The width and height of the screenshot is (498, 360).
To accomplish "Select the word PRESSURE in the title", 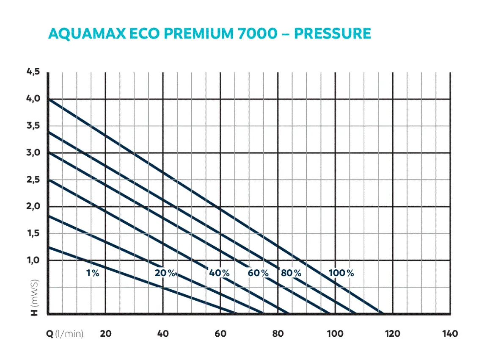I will [332, 34].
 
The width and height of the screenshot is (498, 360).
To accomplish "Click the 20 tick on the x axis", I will [105, 334].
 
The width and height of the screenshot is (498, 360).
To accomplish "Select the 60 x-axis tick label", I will [220, 334].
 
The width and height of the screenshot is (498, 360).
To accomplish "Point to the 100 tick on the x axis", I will [335, 334].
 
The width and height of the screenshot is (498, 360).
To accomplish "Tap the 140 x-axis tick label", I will [450, 334].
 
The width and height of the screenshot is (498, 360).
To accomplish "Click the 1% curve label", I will [92, 273].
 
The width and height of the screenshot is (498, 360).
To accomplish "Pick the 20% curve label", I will [165, 273].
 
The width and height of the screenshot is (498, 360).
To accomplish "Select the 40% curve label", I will [219, 273].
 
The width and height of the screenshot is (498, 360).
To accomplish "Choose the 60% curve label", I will [258, 273].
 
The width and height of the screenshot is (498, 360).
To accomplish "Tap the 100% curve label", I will [341, 273].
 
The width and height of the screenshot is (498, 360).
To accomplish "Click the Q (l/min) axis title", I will [65, 334].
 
